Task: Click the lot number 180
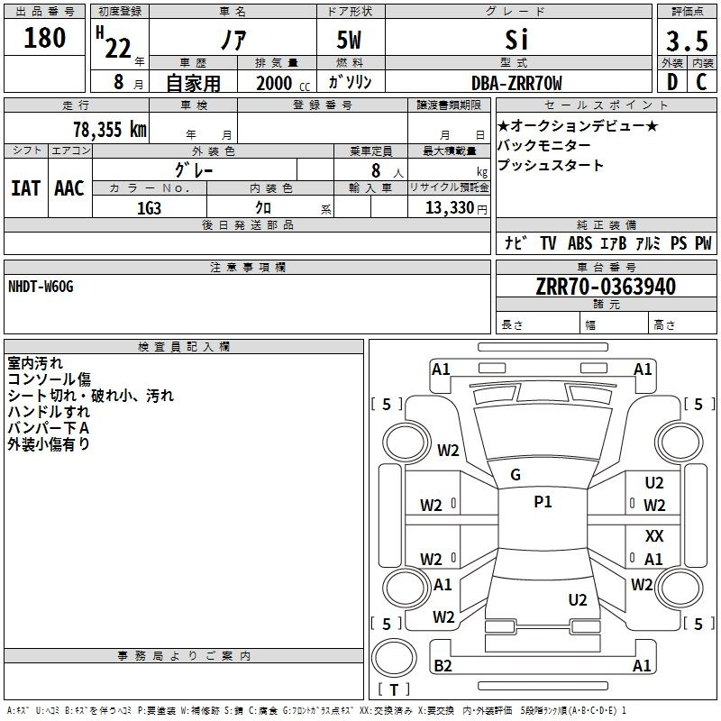tap(45, 38)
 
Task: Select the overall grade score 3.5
tap(686, 41)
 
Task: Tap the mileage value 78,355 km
tap(109, 129)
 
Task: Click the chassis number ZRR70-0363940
tap(606, 287)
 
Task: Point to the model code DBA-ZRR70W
tap(516, 83)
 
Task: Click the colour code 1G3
tap(149, 207)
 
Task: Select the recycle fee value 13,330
tap(448, 208)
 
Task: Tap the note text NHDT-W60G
tap(41, 287)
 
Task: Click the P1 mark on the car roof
tap(543, 502)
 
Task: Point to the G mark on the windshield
tap(516, 475)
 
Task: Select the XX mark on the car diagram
tap(654, 536)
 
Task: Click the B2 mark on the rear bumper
tap(443, 666)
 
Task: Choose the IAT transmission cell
tap(25, 187)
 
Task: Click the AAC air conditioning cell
tap(69, 187)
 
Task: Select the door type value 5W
tap(350, 41)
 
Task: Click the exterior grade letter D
tap(671, 83)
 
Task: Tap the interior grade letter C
tap(700, 83)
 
